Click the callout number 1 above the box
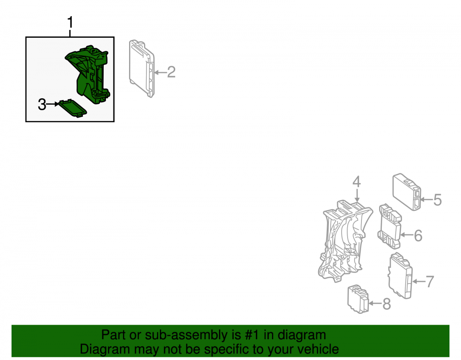[70, 23]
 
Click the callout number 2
[171, 72]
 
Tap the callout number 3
[42, 105]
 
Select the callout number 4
[357, 182]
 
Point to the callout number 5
[438, 200]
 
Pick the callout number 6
[418, 236]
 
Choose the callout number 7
[430, 282]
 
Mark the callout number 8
[387, 304]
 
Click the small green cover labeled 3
[73, 108]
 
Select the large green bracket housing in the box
[88, 74]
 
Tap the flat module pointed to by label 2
[142, 69]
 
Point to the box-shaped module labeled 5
[407, 192]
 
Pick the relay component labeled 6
[390, 226]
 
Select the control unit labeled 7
[401, 276]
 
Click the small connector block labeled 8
[358, 299]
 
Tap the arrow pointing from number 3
[53, 104]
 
